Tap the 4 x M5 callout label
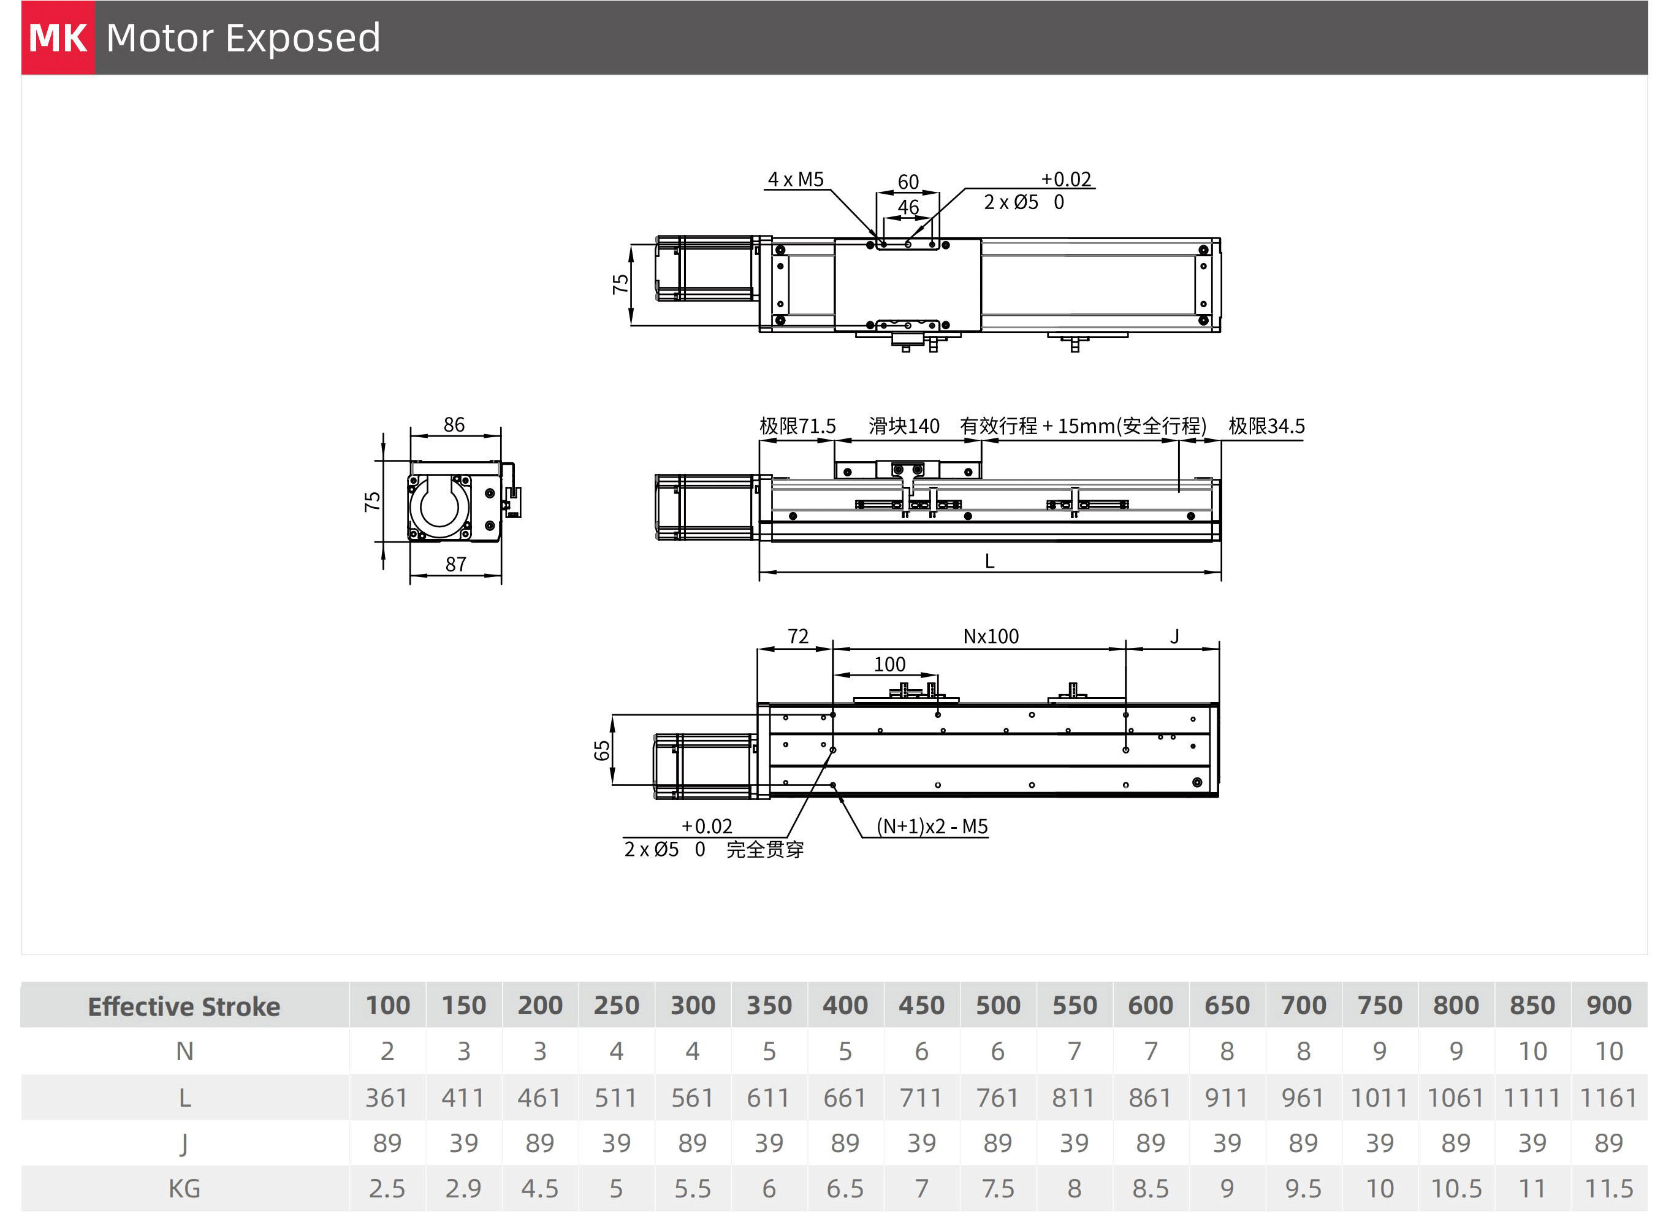coord(796,180)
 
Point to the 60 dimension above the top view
coord(908,181)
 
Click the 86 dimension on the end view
coord(454,424)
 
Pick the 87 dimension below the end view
coord(455,564)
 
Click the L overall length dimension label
coord(989,562)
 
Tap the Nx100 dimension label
coord(991,636)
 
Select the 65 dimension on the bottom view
coord(602,750)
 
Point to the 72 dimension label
coord(797,636)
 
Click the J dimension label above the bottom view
coord(1174,636)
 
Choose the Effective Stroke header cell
coord(184,1006)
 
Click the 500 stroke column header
coord(998,1006)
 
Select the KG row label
coord(184,1189)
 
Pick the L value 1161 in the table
coord(1608,1097)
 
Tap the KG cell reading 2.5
coord(387,1189)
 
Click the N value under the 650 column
coord(1227,1051)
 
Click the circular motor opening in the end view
coord(440,506)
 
